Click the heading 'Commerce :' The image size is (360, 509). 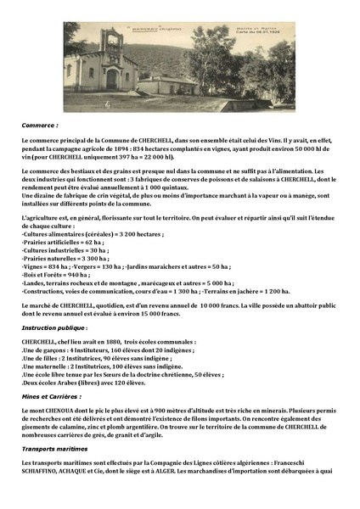[38, 125]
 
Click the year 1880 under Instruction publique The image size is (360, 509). [100, 341]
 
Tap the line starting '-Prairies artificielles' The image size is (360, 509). [68, 241]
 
